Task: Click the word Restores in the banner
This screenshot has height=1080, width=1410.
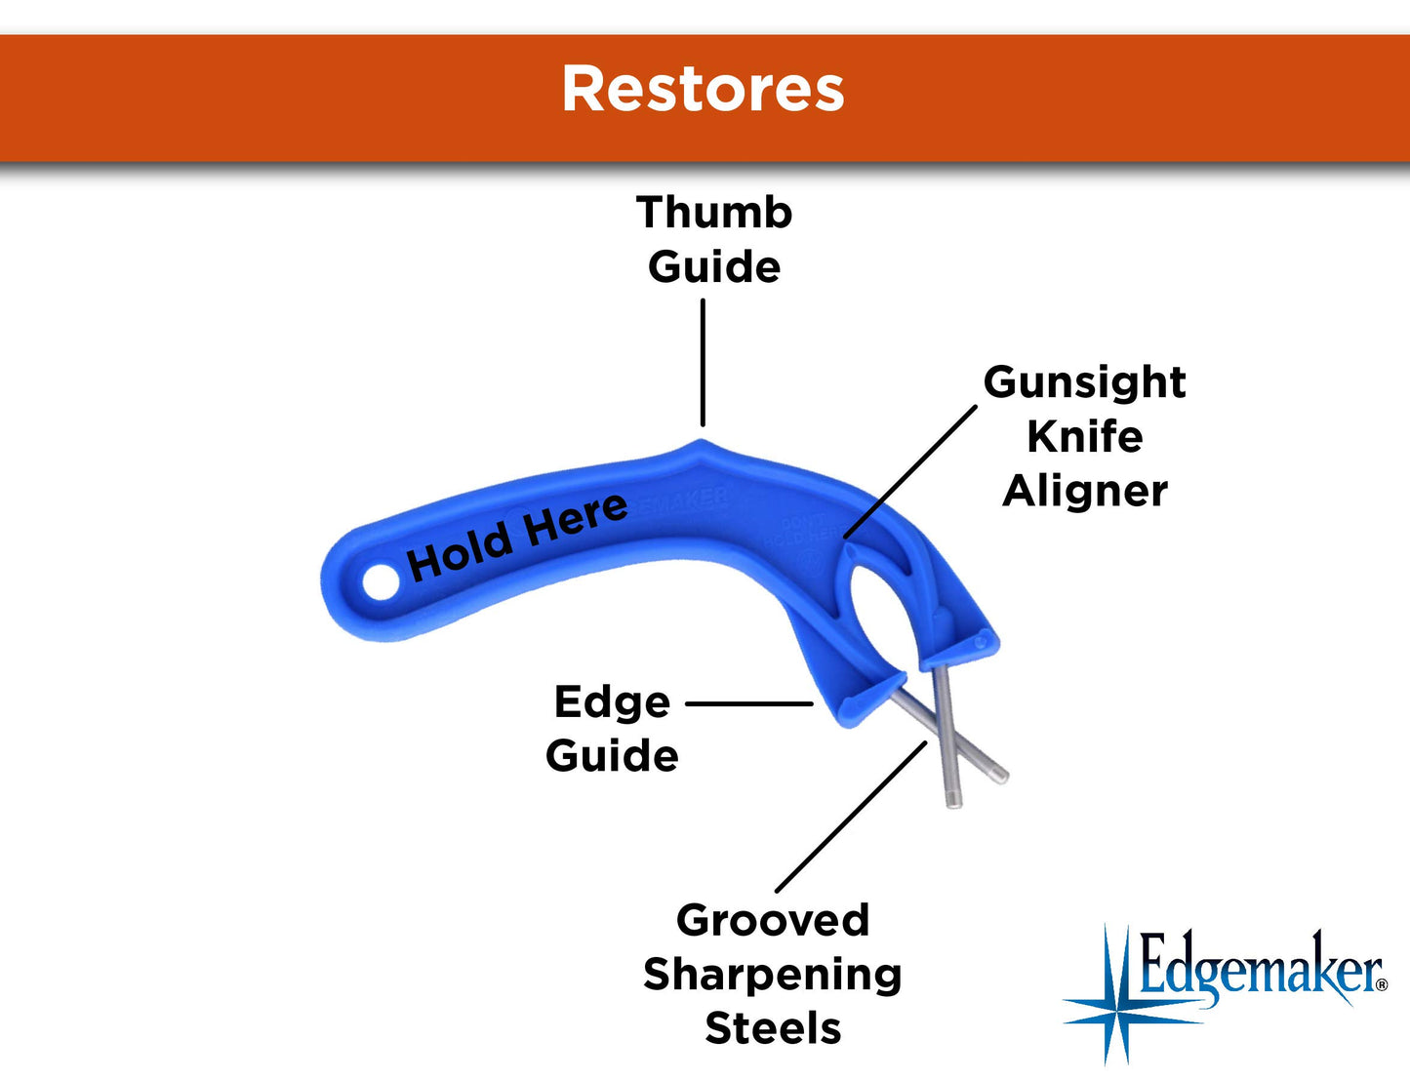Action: coord(703,90)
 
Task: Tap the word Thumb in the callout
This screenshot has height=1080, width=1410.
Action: coord(714,213)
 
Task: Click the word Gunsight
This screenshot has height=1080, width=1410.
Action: coord(1084,382)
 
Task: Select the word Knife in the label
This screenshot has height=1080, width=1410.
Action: coord(1084,436)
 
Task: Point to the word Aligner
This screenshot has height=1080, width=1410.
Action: coord(1084,491)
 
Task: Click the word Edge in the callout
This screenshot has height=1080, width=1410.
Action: coord(612,702)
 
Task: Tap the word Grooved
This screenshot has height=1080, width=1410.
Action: coord(772,920)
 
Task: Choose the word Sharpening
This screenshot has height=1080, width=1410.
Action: coord(772,974)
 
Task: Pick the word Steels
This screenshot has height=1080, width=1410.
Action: coord(772,1028)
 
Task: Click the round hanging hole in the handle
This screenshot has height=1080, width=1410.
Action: coord(381,582)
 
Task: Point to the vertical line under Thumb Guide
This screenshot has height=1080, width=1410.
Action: coord(703,361)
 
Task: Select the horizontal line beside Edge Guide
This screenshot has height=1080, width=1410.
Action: coord(748,702)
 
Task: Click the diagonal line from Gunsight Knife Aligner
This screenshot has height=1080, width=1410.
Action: coord(909,471)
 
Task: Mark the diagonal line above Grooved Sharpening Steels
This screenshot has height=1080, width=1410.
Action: coord(851,816)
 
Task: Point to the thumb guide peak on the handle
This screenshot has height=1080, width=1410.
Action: coord(702,443)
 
